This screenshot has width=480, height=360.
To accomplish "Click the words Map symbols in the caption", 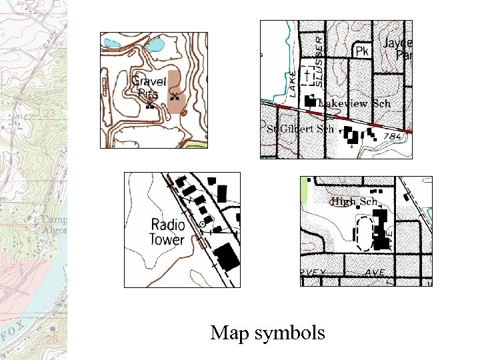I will pos(267,332).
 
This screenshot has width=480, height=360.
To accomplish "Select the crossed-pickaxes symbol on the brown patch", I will pos(174,97).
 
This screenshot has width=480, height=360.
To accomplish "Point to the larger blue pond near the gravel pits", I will pos(153,45).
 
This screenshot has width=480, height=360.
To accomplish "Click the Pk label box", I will pos(361,51).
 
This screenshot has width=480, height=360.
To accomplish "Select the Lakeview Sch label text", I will pos(354,103).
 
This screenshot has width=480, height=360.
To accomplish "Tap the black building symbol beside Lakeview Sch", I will pos(310,101).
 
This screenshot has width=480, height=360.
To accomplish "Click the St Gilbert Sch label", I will pos(300,129).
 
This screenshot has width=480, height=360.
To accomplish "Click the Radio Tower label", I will pos(167,232).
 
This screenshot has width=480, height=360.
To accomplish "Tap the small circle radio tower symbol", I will pos(202,225).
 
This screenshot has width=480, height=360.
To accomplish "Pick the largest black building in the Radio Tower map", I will pos(228,257).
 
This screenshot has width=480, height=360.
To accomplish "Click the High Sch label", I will pos(354,201).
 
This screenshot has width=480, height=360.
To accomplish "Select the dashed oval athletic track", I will pos(363,231).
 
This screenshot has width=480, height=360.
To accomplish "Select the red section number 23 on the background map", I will pos(49,113).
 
